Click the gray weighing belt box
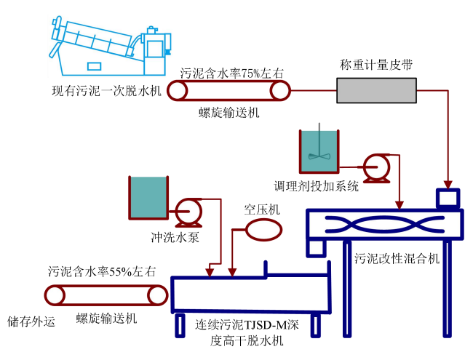[x=376, y=90]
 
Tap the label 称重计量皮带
[x=376, y=65]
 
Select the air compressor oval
[x=264, y=230]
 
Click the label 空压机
[x=262, y=209]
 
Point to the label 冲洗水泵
[x=175, y=238]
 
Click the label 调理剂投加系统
[x=316, y=186]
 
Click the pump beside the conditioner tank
[x=376, y=168]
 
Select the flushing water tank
[x=148, y=198]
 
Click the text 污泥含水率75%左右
[x=232, y=73]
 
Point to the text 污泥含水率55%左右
[x=102, y=271]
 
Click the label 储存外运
[x=31, y=321]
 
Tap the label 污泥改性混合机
[x=397, y=258]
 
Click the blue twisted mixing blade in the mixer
[x=385, y=225]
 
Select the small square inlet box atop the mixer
[x=448, y=198]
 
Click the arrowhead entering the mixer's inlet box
[x=448, y=185]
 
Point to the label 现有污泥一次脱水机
[x=107, y=90]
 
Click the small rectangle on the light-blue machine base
[x=94, y=66]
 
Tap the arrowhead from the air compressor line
[x=232, y=272]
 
